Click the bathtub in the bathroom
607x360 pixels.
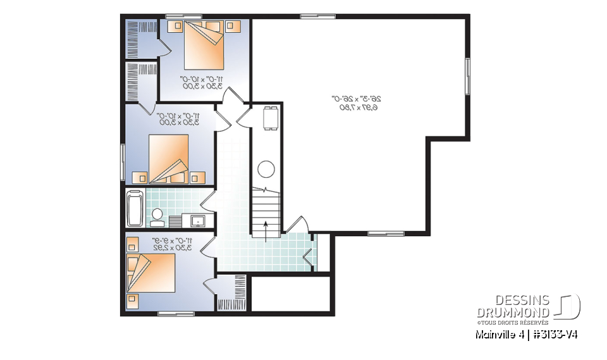[134, 209]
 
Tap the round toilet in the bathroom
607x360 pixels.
[156, 215]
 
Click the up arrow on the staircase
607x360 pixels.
[266, 228]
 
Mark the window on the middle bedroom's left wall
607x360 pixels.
[123, 162]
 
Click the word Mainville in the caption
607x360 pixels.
[496, 334]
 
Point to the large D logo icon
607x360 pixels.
[568, 306]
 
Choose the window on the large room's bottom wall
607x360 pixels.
[386, 233]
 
